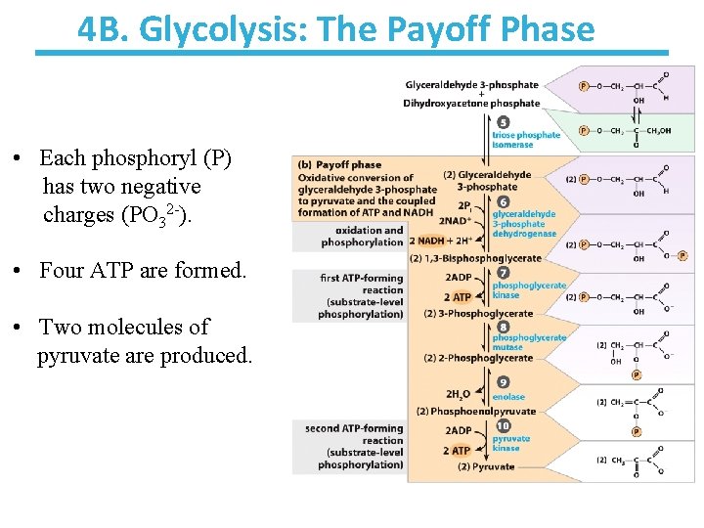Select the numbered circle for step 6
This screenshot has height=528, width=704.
(503, 201)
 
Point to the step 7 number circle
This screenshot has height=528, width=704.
(503, 272)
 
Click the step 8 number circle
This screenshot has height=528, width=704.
(503, 327)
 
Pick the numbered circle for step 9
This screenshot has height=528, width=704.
(503, 382)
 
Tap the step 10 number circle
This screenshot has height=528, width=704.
(503, 426)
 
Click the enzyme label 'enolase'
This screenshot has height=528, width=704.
(508, 397)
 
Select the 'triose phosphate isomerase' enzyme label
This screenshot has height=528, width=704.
(526, 140)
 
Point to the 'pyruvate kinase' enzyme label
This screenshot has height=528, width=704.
(512, 444)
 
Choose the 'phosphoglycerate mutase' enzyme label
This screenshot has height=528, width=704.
(529, 342)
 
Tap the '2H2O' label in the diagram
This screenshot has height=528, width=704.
(458, 394)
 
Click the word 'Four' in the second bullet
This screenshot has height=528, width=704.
(61, 270)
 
